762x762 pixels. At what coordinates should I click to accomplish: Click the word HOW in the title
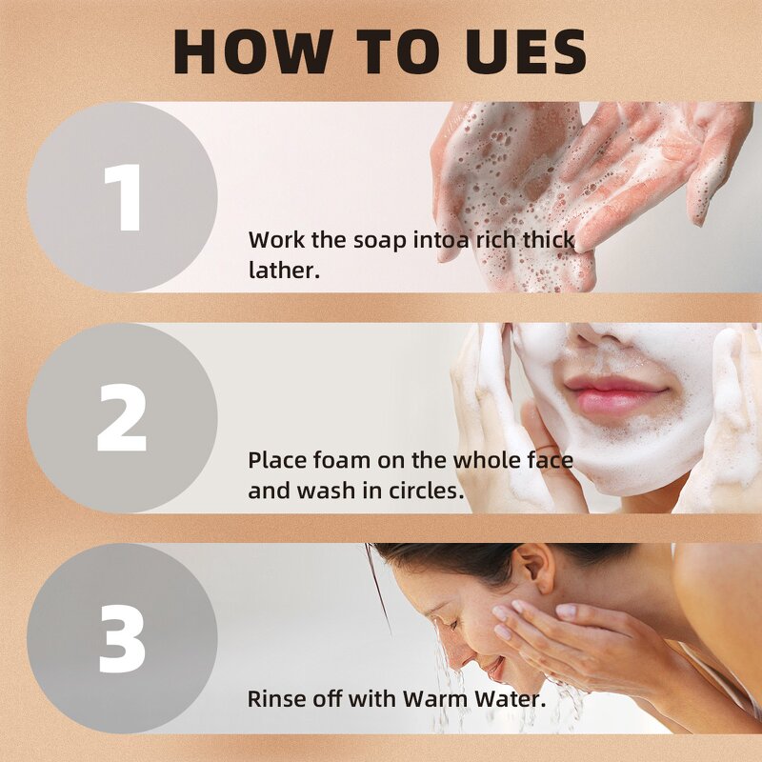tap(253, 51)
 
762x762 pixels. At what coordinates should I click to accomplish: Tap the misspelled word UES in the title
tap(527, 51)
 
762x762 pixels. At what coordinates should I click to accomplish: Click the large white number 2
tap(122, 418)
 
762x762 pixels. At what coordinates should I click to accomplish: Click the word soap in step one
tap(379, 241)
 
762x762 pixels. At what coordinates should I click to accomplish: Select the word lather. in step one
tap(284, 271)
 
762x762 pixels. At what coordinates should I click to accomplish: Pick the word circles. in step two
tap(426, 491)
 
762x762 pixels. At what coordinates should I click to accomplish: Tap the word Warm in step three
tap(436, 699)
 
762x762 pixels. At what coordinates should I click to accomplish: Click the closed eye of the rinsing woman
tap(454, 624)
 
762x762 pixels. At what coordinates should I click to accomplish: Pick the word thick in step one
tap(549, 240)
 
